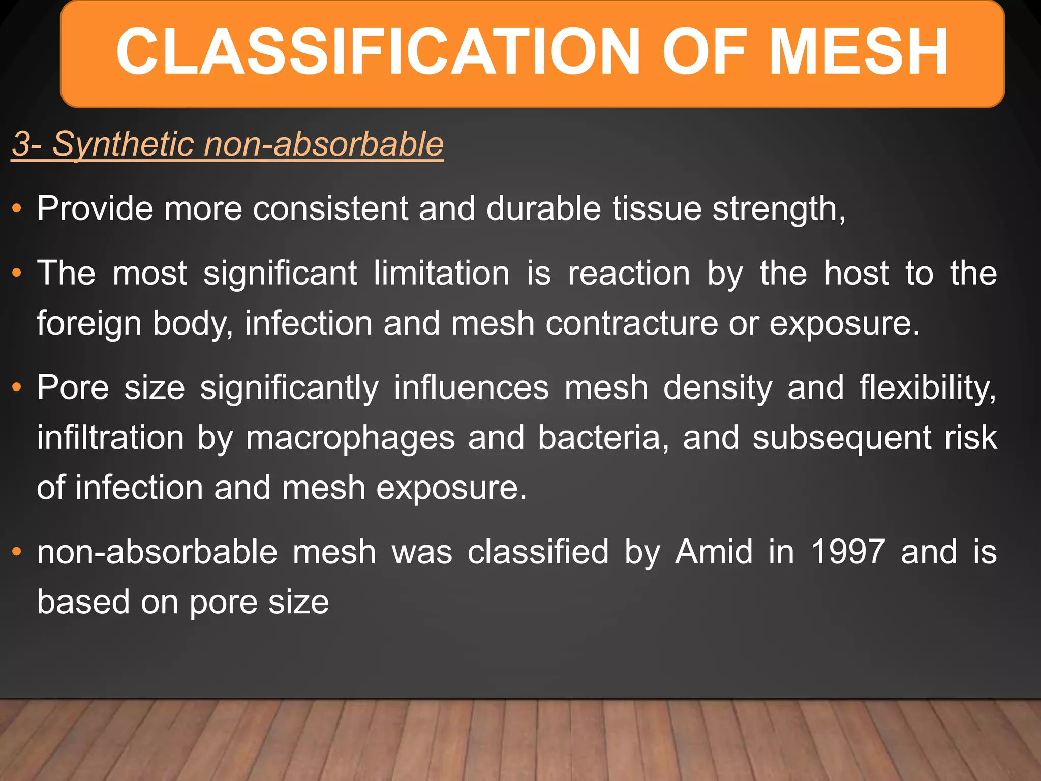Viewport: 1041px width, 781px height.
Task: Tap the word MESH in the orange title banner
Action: point(859,52)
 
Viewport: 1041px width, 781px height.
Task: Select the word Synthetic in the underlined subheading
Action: point(123,144)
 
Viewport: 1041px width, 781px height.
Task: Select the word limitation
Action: point(441,273)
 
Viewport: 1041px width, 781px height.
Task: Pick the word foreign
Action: point(89,323)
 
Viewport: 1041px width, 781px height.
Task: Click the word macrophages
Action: point(350,438)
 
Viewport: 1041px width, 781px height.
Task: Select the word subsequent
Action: point(842,438)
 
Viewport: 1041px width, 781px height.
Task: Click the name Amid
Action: point(714,552)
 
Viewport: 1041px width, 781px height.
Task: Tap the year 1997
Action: point(848,552)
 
